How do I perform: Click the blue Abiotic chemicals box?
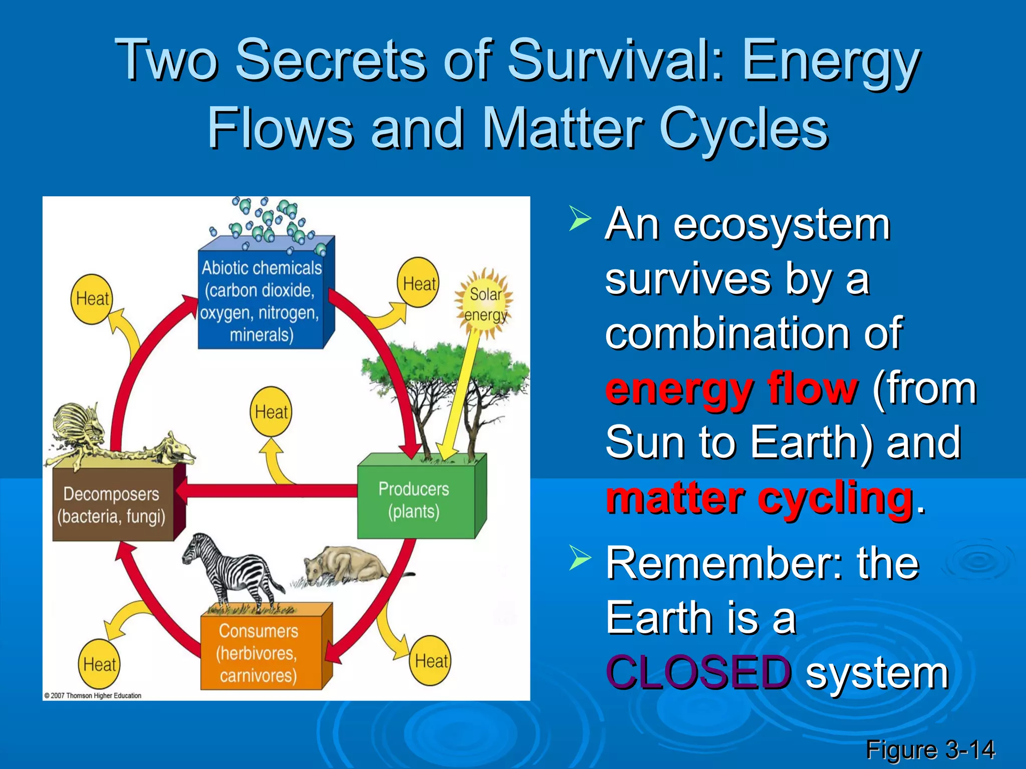pyautogui.click(x=261, y=300)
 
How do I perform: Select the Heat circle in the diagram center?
pyautogui.click(x=271, y=412)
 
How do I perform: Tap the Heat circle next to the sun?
pyautogui.click(x=418, y=283)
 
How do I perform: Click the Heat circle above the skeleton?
pyautogui.click(x=92, y=299)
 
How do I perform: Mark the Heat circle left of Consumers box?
pyautogui.click(x=99, y=664)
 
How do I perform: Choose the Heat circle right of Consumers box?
pyautogui.click(x=430, y=661)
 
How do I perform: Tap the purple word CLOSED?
pyautogui.click(x=698, y=672)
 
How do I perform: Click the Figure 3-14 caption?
pyautogui.click(x=930, y=749)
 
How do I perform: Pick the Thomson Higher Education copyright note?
pyautogui.click(x=93, y=695)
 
